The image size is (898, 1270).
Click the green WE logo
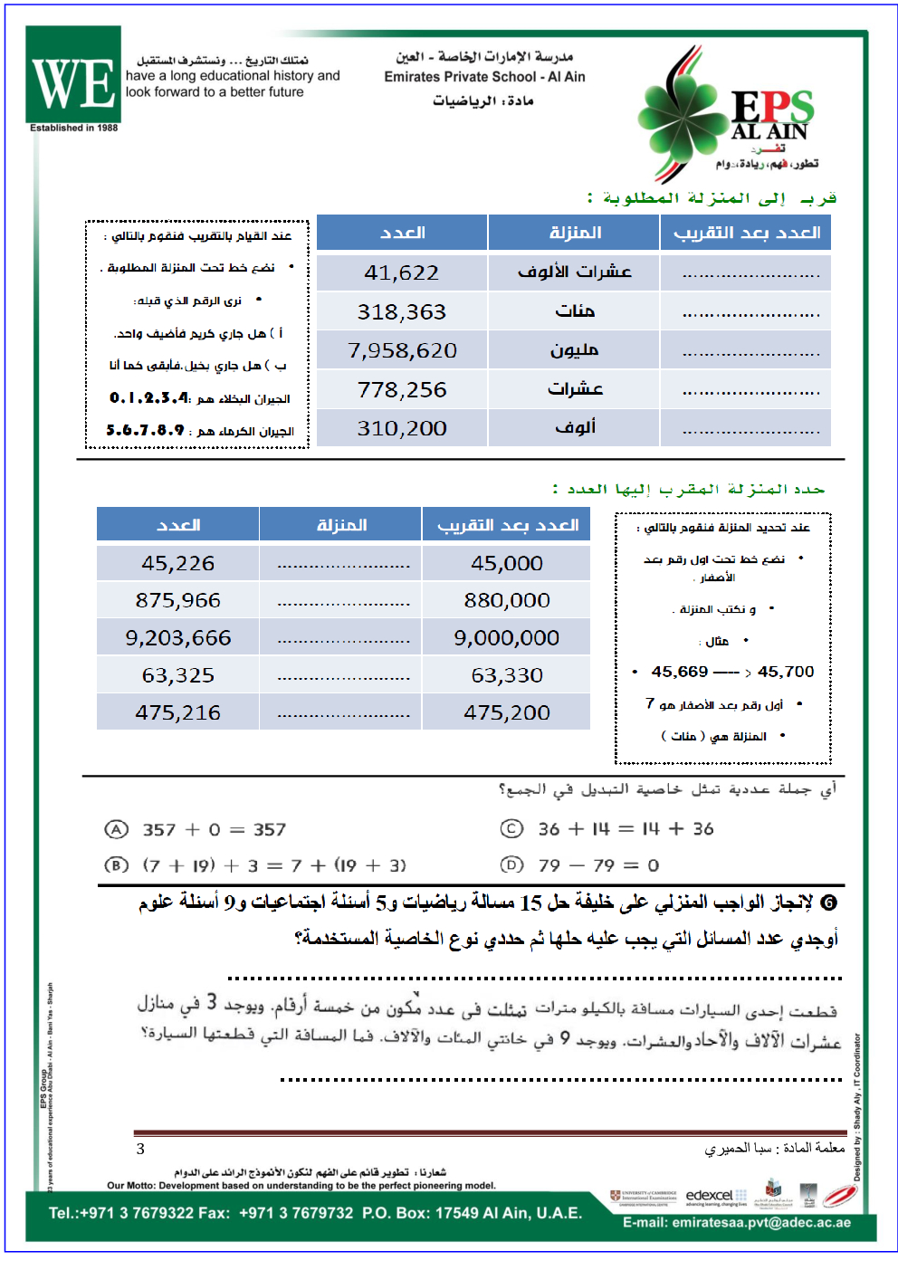click(73, 75)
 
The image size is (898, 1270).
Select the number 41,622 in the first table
click(401, 272)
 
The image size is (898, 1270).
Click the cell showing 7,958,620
click(402, 350)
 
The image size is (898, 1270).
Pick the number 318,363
click(401, 311)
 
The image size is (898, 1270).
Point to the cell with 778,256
click(401, 389)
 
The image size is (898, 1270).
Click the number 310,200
click(401, 428)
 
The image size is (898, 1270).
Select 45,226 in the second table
click(177, 563)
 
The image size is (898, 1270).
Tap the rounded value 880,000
click(506, 600)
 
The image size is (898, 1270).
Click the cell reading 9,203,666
click(177, 638)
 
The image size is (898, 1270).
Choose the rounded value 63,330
click(506, 675)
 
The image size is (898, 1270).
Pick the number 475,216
click(177, 712)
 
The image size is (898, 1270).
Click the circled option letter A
click(116, 829)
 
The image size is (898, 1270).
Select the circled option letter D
click(511, 864)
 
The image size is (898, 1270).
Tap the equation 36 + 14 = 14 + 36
click(626, 828)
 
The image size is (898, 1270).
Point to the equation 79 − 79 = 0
click(598, 865)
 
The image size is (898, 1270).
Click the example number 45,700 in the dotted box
click(786, 672)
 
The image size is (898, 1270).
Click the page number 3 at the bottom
click(140, 1149)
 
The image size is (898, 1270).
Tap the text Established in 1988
click(73, 128)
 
